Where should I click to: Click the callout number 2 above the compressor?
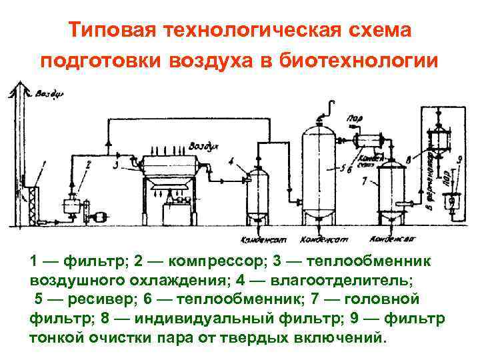coord(89,163)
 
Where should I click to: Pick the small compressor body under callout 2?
coord(68,206)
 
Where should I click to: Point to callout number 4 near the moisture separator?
coord(230,161)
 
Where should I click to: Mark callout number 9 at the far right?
coord(460,159)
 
